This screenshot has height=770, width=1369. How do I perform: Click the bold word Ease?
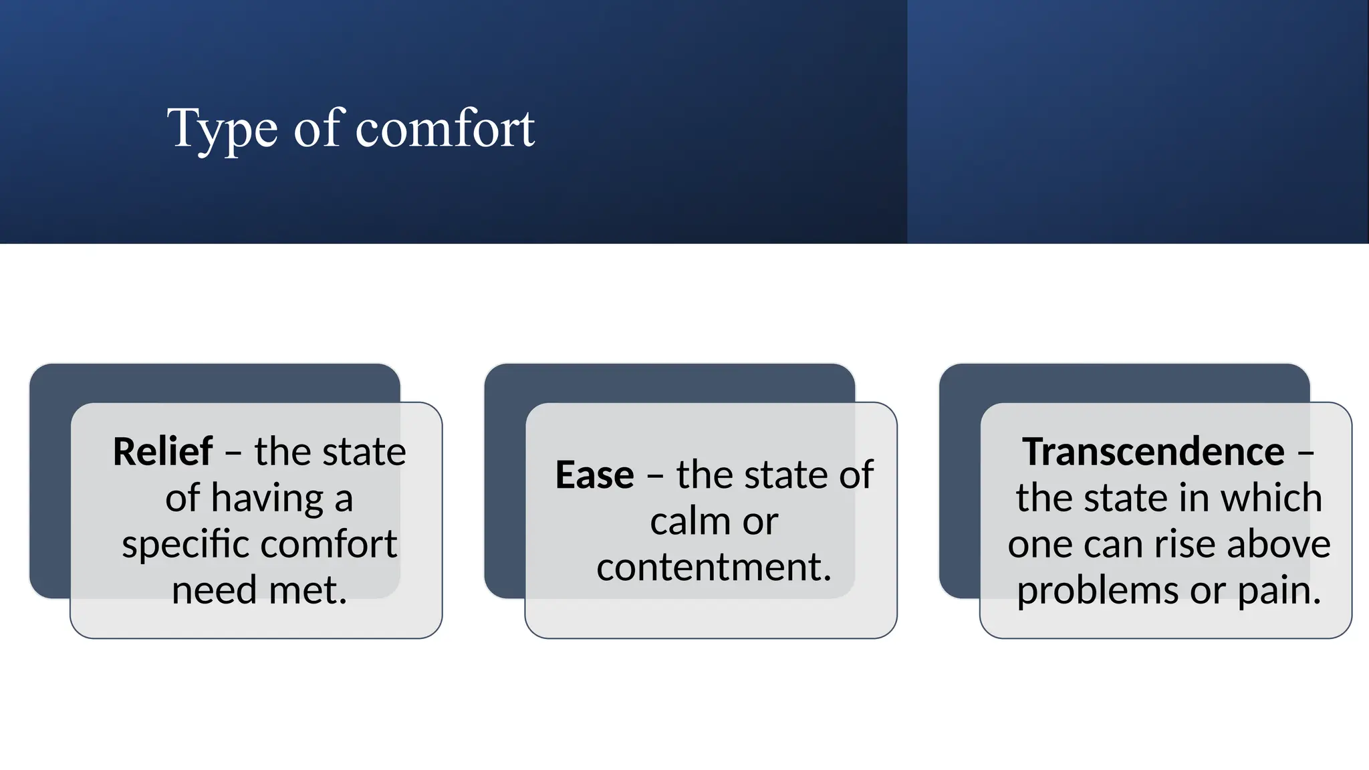(594, 475)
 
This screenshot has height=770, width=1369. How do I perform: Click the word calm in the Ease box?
(682, 521)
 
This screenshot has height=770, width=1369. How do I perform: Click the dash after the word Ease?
(655, 476)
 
